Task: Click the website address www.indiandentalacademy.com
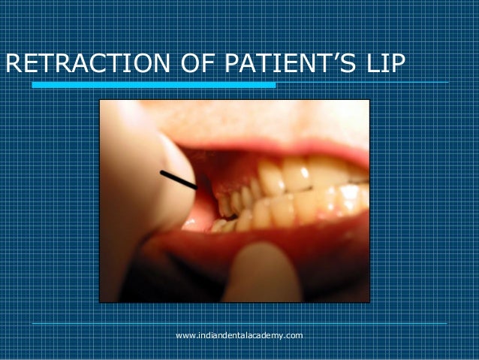pyautogui.click(x=239, y=334)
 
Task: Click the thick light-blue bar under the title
pyautogui.click(x=154, y=85)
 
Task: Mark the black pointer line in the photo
pyautogui.click(x=178, y=180)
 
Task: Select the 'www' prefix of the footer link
pyautogui.click(x=184, y=334)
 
